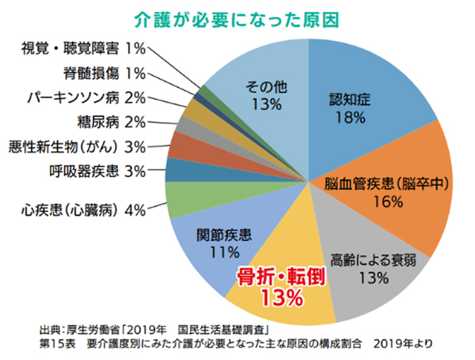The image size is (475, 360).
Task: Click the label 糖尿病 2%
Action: [x=111, y=122]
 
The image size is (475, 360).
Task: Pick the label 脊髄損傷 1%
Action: [x=104, y=74]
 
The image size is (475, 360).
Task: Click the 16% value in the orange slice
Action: [x=387, y=202]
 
